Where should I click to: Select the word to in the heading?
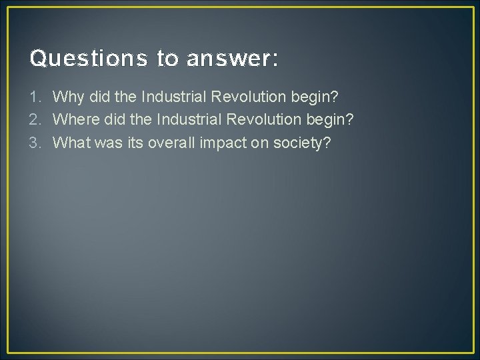(x=169, y=59)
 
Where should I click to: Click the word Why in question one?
(x=65, y=97)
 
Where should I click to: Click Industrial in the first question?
(x=173, y=97)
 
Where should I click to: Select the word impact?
(x=225, y=142)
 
